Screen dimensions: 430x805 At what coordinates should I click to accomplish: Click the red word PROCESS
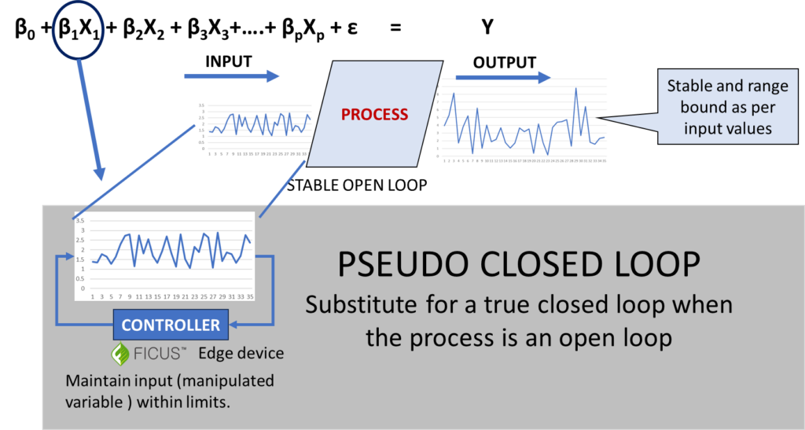coord(374,114)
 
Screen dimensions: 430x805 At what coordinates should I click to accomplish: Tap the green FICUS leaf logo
coord(119,354)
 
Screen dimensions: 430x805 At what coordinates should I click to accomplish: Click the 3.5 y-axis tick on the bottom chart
coord(79,221)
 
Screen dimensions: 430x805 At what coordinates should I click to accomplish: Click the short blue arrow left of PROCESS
coord(232,76)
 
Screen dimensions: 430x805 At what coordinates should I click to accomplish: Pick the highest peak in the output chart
coord(576,88)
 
